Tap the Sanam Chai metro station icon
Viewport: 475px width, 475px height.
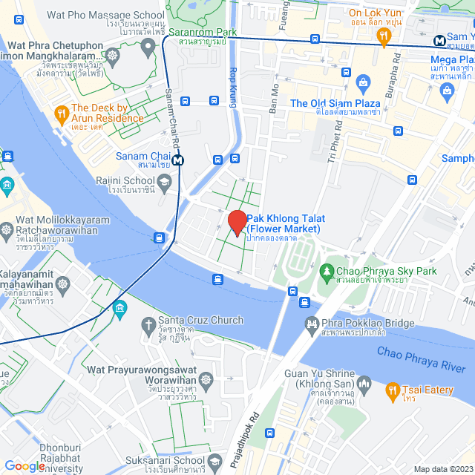tap(177, 160)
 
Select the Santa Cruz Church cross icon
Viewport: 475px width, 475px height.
tap(148, 324)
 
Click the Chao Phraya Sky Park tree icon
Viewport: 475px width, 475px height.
tap(326, 272)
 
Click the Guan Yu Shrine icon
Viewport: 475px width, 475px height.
tap(363, 384)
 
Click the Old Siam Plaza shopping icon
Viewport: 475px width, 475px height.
tap(363, 82)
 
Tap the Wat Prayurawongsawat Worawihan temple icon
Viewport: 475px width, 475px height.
tap(206, 380)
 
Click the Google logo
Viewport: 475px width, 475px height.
tap(24, 465)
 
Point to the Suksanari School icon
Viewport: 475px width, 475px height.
tap(216, 461)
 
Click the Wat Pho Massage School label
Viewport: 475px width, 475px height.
tap(105, 15)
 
